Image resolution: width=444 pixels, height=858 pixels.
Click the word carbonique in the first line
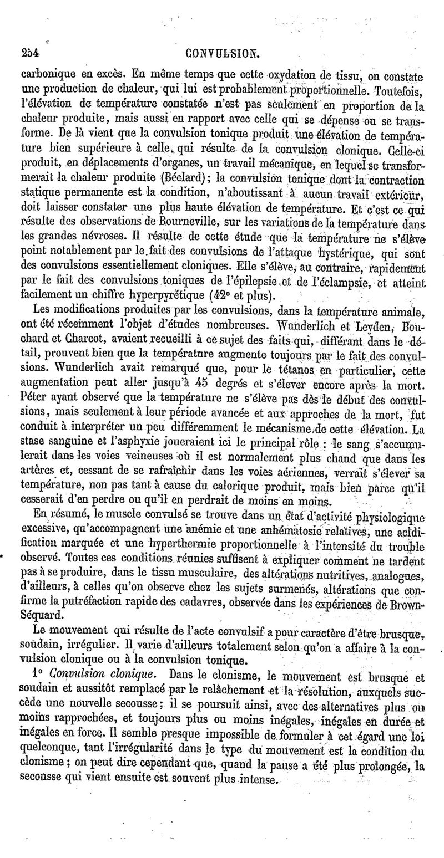tap(46, 73)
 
